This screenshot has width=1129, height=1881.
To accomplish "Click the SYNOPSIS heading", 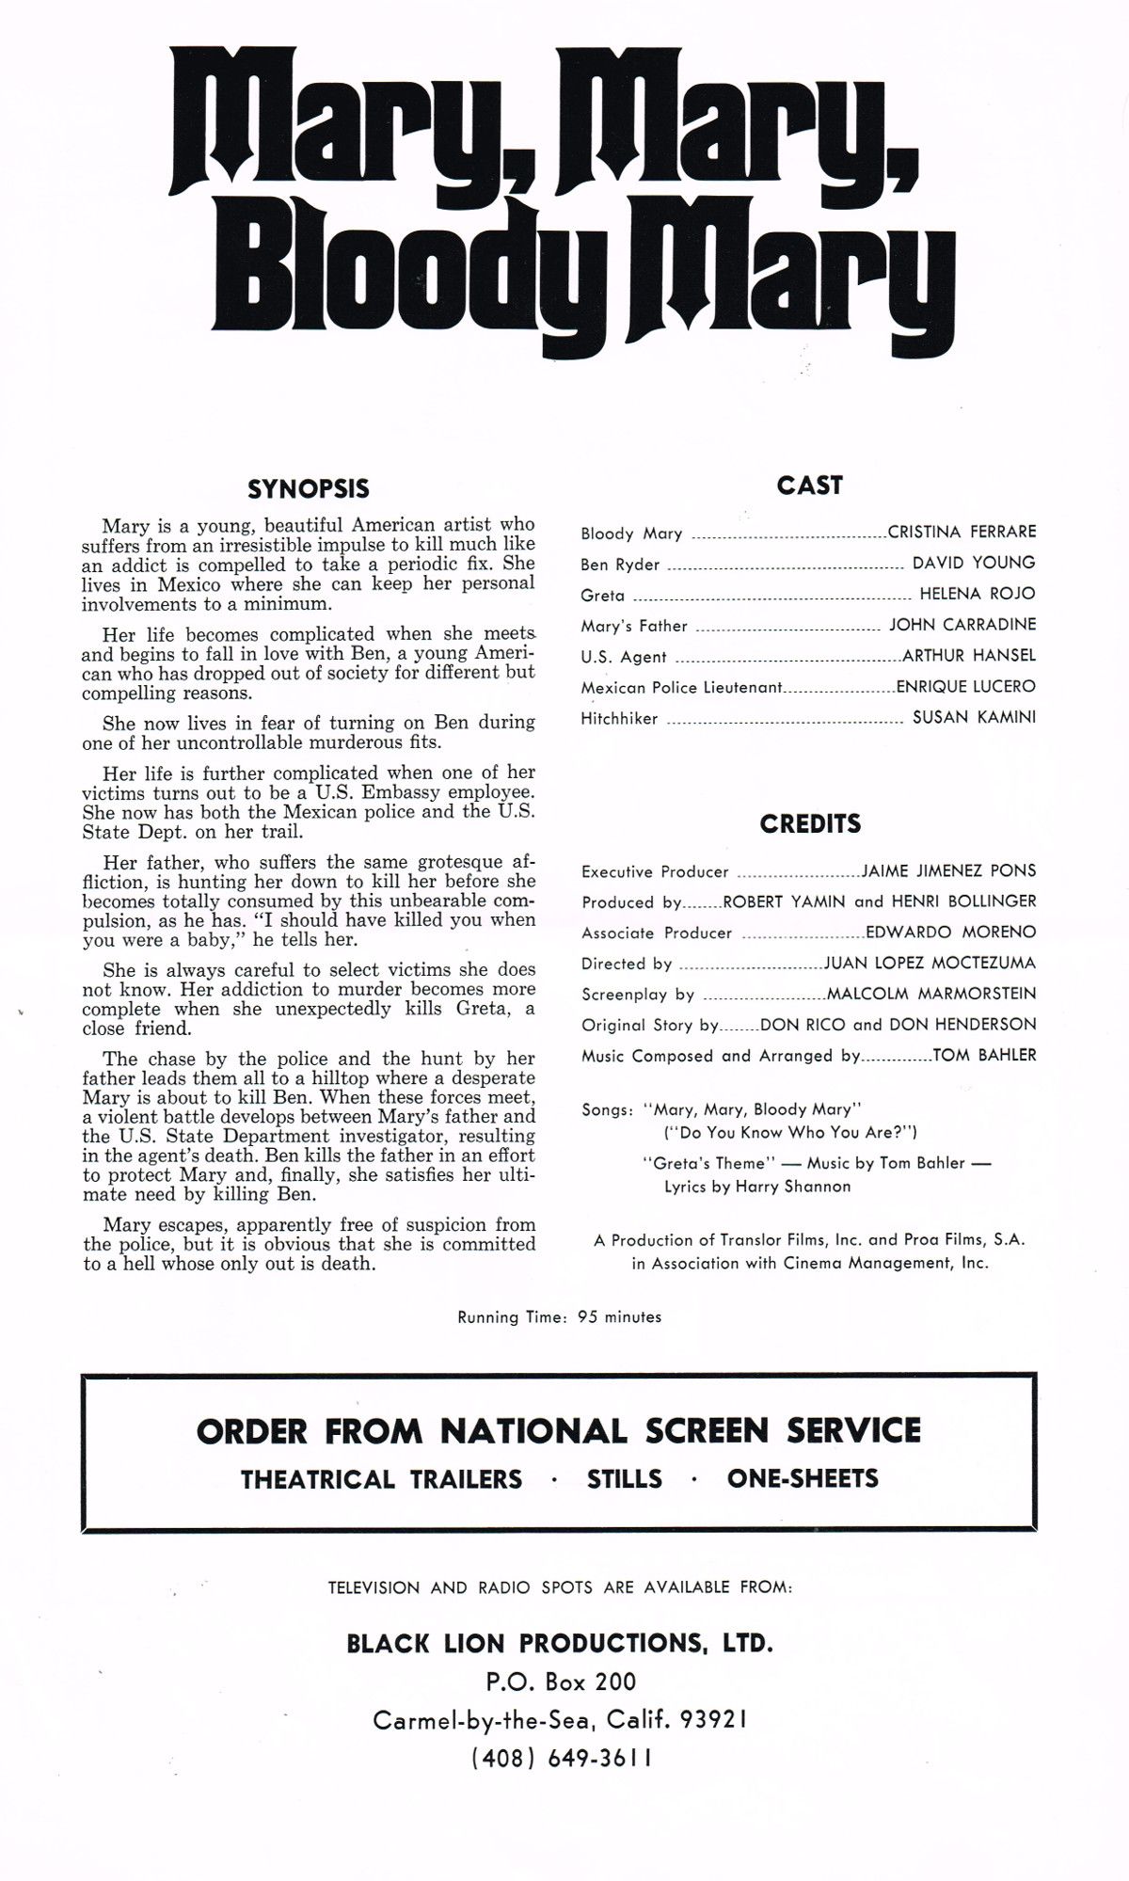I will pyautogui.click(x=308, y=489).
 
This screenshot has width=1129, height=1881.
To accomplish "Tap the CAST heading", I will pyautogui.click(x=809, y=486).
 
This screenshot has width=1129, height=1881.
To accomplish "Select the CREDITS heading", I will pyautogui.click(x=810, y=824).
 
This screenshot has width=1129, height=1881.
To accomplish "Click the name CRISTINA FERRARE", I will pyautogui.click(x=962, y=532).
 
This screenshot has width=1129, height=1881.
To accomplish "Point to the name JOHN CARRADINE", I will pyautogui.click(x=962, y=624).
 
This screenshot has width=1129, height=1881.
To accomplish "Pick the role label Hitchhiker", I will pyautogui.click(x=619, y=718).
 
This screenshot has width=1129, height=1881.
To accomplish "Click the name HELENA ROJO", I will pyautogui.click(x=977, y=593).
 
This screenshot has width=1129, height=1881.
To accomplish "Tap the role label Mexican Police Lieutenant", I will pyautogui.click(x=681, y=687).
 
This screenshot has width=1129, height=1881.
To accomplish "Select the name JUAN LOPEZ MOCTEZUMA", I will pyautogui.click(x=930, y=963).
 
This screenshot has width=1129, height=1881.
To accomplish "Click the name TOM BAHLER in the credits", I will pyautogui.click(x=984, y=1055).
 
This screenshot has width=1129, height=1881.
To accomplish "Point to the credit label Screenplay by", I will pyautogui.click(x=638, y=994).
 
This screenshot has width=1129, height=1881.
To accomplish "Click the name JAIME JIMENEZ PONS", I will pyautogui.click(x=948, y=871).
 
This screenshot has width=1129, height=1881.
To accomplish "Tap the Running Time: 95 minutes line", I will pyautogui.click(x=559, y=1316).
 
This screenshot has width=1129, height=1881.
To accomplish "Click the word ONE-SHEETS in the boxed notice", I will pyautogui.click(x=803, y=1478).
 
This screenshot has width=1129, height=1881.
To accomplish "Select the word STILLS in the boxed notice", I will pyautogui.click(x=624, y=1478).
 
